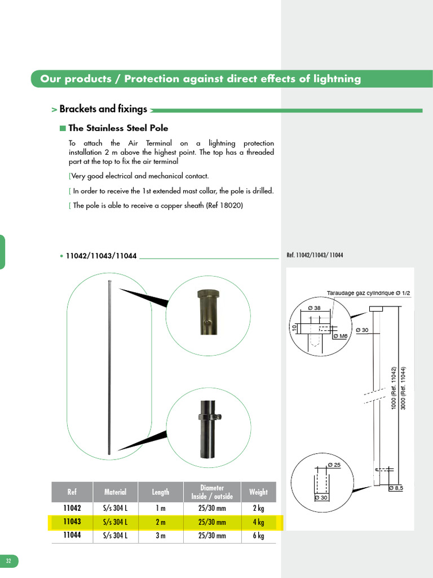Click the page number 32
click(x=8, y=561)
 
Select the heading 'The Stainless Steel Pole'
click(x=118, y=128)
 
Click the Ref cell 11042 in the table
click(x=72, y=508)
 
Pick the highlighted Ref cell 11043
click(x=72, y=522)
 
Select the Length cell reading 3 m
click(x=160, y=536)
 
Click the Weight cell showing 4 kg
click(x=258, y=522)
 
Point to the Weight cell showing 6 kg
click(x=258, y=536)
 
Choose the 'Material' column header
click(x=115, y=492)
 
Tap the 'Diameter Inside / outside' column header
click(x=212, y=492)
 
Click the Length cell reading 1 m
click(x=160, y=508)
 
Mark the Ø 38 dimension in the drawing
click(x=314, y=308)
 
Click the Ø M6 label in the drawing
click(x=340, y=336)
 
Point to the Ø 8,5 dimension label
click(x=396, y=488)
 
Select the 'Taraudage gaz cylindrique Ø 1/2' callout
click(x=368, y=293)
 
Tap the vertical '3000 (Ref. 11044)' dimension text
click(x=403, y=388)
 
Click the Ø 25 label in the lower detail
click(x=334, y=465)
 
